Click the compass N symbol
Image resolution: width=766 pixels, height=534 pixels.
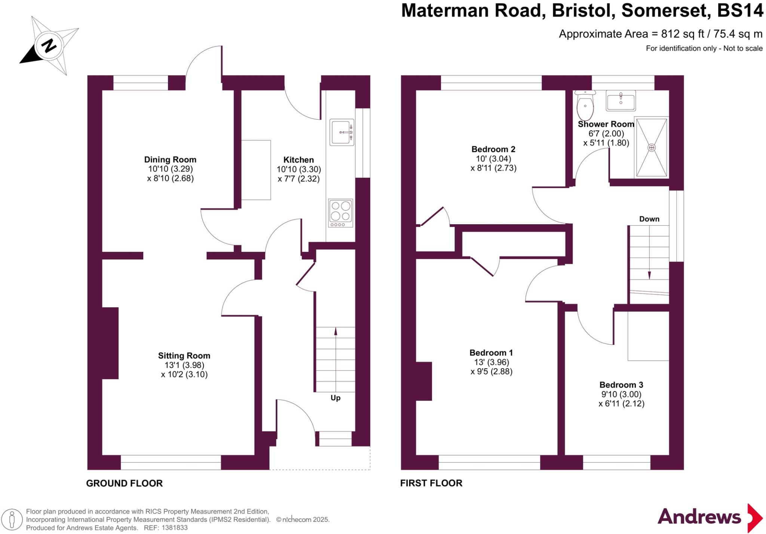(49, 46)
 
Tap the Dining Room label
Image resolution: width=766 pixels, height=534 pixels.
(170, 160)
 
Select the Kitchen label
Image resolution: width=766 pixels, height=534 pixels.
(298, 160)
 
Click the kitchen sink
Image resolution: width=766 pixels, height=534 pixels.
(341, 132)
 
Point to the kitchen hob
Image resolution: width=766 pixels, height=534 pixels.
(340, 213)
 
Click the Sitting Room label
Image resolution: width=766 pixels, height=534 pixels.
(184, 356)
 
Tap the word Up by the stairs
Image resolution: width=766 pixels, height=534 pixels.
(335, 398)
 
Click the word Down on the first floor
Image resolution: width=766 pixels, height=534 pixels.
(649, 219)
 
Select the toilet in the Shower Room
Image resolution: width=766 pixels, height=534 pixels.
(585, 105)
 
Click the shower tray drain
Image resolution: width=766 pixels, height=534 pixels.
(652, 147)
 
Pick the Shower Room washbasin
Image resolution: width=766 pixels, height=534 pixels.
(621, 100)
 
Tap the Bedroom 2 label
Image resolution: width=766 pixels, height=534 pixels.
(493, 149)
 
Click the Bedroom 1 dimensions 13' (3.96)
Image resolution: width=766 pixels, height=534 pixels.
(492, 362)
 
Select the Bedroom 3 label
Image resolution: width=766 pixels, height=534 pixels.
(621, 385)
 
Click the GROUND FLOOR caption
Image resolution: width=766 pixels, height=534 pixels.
(124, 483)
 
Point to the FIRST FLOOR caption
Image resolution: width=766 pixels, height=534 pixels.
(431, 483)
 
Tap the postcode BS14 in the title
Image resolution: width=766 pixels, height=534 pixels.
(740, 10)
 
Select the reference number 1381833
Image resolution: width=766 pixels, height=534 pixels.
(174, 528)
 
